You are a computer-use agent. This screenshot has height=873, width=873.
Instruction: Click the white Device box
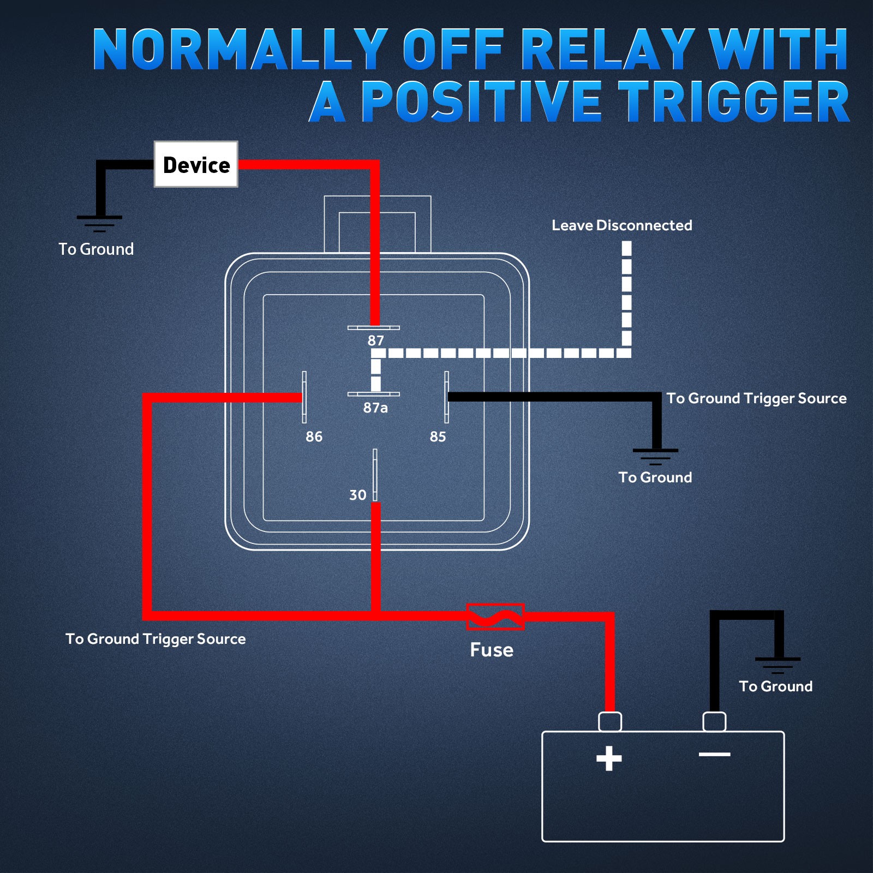click(196, 164)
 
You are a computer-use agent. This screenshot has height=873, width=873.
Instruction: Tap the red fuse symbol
click(495, 617)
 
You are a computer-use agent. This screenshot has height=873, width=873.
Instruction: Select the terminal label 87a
click(375, 408)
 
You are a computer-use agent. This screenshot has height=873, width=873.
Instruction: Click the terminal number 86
click(314, 436)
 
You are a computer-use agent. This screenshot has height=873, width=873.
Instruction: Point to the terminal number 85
click(438, 436)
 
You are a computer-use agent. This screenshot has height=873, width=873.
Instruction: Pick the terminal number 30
click(358, 495)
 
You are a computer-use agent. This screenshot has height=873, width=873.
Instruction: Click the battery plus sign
click(609, 758)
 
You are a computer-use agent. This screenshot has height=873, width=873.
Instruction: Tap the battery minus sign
click(714, 755)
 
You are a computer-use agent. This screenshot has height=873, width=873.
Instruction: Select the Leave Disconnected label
click(622, 225)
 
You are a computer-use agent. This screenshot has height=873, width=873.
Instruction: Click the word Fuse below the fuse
click(492, 650)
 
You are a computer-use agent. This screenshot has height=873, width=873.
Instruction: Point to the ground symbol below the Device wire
click(99, 224)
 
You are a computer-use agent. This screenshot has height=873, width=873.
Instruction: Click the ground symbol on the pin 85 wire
click(655, 457)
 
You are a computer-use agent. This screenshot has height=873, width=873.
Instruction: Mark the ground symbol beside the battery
click(778, 666)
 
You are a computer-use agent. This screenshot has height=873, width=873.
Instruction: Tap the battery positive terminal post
click(610, 721)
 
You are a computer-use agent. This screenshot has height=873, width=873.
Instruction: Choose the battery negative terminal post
click(714, 721)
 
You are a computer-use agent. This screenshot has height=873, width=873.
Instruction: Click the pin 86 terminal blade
click(304, 397)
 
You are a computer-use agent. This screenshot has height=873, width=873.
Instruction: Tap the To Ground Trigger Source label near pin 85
click(757, 398)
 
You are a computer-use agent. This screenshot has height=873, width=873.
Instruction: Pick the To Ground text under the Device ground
click(96, 249)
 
